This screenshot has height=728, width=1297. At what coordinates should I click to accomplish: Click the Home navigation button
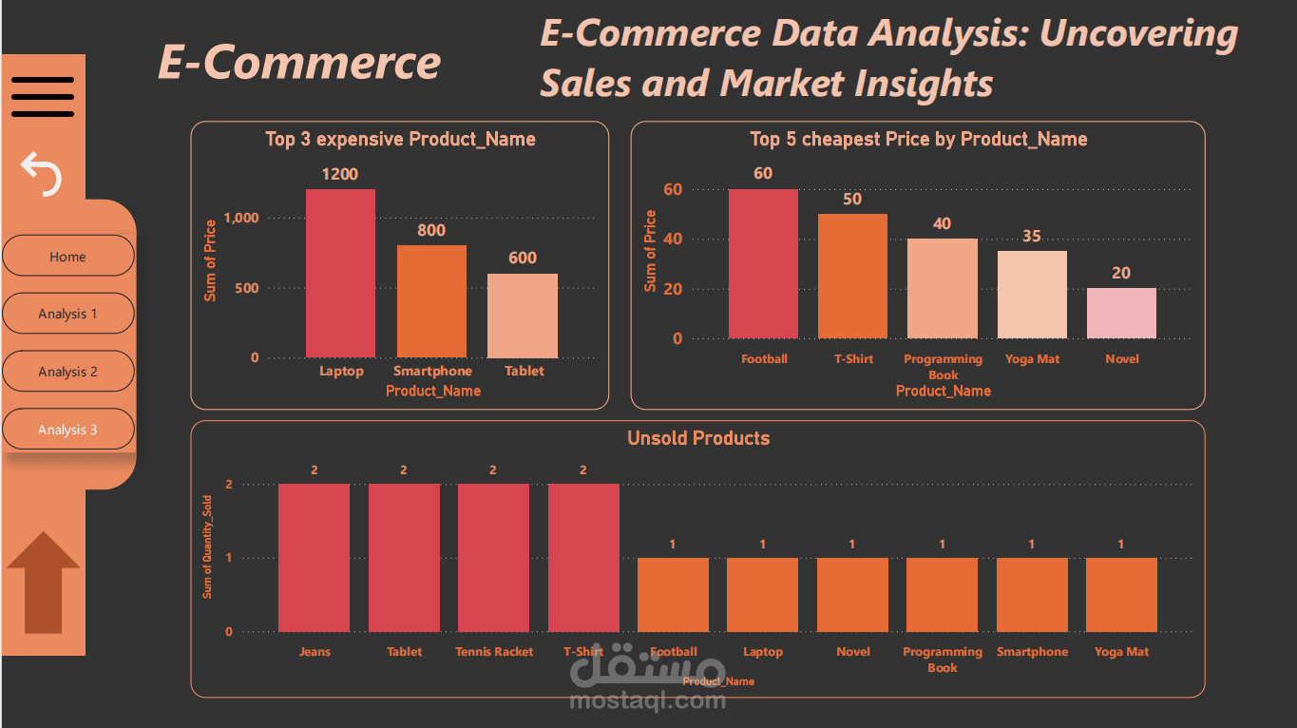pyautogui.click(x=67, y=257)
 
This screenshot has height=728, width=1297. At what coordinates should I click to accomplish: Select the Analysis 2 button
pyautogui.click(x=67, y=372)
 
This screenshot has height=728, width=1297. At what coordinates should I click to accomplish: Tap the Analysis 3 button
pyautogui.click(x=67, y=430)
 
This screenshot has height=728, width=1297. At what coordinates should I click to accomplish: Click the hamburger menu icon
pyautogui.click(x=43, y=96)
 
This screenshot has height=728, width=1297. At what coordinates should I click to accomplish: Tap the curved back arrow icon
pyautogui.click(x=42, y=174)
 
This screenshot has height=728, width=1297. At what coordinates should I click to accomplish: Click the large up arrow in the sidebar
pyautogui.click(x=43, y=582)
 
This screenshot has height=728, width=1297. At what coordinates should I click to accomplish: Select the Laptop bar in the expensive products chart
pyautogui.click(x=340, y=273)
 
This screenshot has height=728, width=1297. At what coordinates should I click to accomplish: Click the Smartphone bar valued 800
pyautogui.click(x=431, y=301)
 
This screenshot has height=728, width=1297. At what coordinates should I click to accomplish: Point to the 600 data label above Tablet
pyautogui.click(x=523, y=258)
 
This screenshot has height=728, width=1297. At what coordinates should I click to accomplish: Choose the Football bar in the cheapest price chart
pyautogui.click(x=764, y=263)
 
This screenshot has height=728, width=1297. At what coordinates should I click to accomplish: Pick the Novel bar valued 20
pyautogui.click(x=1121, y=313)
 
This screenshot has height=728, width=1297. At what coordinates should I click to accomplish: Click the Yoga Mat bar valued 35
pyautogui.click(x=1032, y=295)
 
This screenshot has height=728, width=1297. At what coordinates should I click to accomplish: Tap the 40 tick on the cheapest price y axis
pyautogui.click(x=673, y=239)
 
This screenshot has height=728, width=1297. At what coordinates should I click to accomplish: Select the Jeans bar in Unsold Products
pyautogui.click(x=314, y=558)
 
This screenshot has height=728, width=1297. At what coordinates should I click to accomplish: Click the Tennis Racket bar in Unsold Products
pyautogui.click(x=493, y=558)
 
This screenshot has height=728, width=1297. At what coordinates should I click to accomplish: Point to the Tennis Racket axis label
pyautogui.click(x=494, y=652)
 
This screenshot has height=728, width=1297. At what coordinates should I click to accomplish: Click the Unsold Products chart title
pyautogui.click(x=698, y=438)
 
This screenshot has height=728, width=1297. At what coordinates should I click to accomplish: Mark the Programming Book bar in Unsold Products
pyautogui.click(x=942, y=595)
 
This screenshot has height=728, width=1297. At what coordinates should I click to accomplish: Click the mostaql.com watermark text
pyautogui.click(x=648, y=701)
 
